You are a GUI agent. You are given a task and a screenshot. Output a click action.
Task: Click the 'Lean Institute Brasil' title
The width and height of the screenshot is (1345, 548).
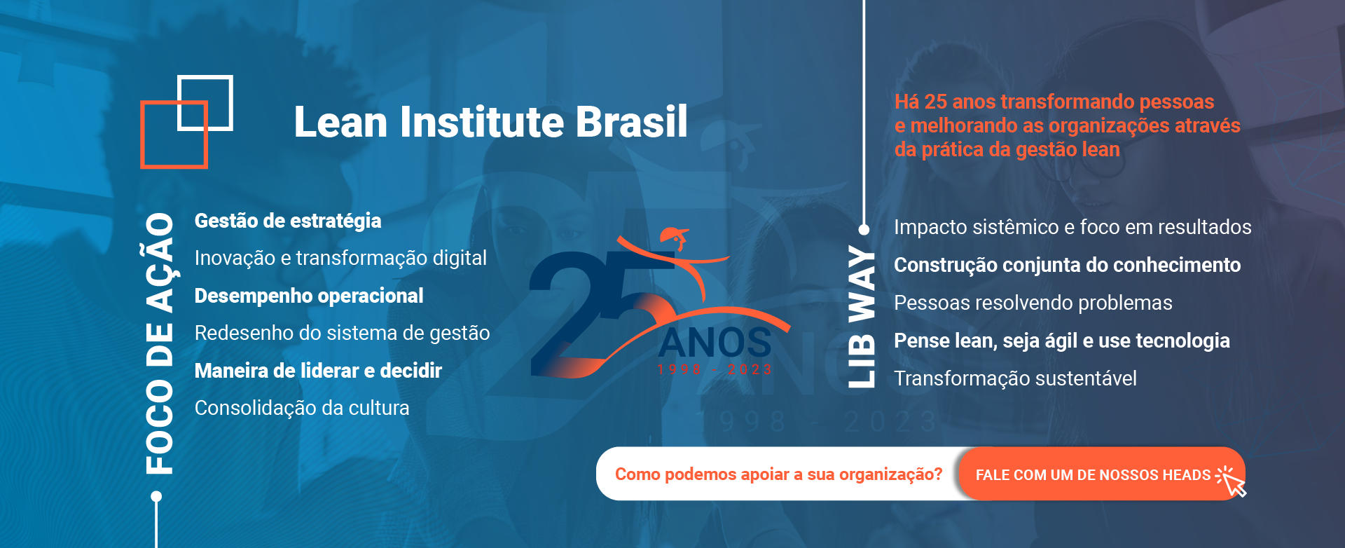[x=490, y=122]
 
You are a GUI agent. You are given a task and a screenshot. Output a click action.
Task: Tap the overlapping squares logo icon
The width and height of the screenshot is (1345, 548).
[x=186, y=122]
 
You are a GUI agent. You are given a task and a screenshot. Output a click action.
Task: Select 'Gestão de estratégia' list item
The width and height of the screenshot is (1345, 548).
[x=288, y=221]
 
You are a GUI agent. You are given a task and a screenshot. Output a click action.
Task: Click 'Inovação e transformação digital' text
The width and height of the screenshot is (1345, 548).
[x=340, y=258]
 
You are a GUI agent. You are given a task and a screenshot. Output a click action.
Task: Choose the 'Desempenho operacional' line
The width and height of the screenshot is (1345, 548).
[x=309, y=296]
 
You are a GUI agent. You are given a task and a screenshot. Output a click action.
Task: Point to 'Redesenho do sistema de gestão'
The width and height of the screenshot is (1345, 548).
[x=342, y=333]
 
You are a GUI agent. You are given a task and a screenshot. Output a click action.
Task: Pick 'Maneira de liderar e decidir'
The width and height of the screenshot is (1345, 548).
[x=318, y=371]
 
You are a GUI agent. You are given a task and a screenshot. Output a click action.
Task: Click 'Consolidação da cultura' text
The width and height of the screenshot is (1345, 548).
[x=302, y=408]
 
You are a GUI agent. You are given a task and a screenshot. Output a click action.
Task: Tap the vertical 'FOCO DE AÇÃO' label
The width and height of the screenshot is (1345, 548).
[x=160, y=343]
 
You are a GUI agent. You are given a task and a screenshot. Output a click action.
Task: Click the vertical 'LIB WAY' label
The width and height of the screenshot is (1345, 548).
[x=862, y=317]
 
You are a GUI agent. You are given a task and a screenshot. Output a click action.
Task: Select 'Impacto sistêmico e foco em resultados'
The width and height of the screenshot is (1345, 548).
[x=1072, y=227]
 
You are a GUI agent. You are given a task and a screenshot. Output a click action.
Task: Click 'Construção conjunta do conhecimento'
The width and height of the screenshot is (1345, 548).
[x=1067, y=265]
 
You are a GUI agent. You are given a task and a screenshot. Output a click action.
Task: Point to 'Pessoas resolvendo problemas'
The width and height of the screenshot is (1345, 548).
[x=1033, y=303]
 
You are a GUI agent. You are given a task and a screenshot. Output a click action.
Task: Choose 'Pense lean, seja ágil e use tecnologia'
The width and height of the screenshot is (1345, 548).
[x=1062, y=341]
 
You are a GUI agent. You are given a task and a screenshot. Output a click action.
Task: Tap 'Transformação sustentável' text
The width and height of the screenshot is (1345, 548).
[x=1015, y=378]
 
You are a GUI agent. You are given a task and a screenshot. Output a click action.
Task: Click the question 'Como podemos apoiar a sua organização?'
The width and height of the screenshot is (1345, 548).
[x=778, y=474]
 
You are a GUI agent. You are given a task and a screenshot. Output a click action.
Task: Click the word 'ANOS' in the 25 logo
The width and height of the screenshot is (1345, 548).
[x=715, y=343]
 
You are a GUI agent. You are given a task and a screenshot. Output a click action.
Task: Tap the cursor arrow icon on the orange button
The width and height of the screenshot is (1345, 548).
[x=1232, y=481]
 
